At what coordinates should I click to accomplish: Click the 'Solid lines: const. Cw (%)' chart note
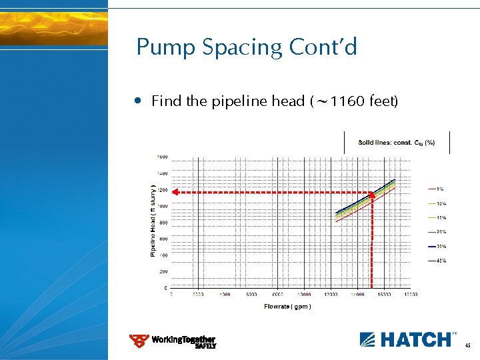click(x=396, y=143)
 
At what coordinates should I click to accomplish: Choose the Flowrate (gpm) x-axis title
click(x=287, y=307)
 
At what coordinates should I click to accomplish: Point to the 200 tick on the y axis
click(x=162, y=272)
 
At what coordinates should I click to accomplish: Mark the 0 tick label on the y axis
click(x=165, y=288)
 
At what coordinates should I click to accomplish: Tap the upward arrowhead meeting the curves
click(x=371, y=196)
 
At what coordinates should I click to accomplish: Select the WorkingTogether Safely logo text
click(x=184, y=341)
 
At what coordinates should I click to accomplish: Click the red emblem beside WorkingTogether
click(x=139, y=341)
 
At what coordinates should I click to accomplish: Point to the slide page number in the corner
click(x=467, y=345)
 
